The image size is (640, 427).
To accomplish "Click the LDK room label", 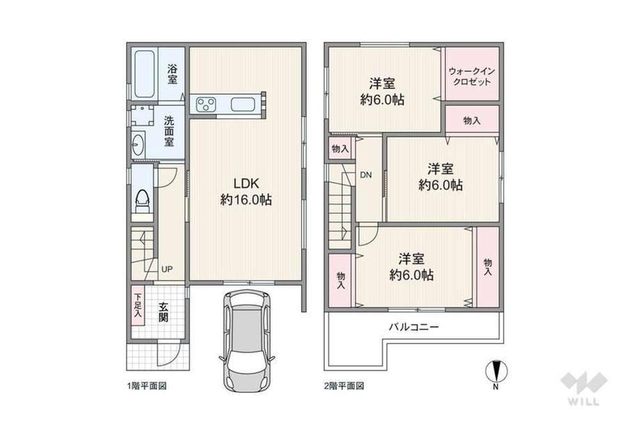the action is (246, 191).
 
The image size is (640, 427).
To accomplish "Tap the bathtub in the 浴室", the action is (145, 74).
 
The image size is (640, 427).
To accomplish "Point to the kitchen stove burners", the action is (206, 104).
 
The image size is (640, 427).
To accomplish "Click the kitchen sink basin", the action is (243, 104).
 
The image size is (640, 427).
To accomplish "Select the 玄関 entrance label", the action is (163, 312).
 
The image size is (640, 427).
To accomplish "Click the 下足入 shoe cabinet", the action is (138, 305).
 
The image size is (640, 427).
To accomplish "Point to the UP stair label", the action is (166, 270).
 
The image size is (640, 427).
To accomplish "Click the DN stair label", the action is (366, 176).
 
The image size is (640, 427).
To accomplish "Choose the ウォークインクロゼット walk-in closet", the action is (472, 74).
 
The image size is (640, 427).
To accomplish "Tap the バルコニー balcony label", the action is (413, 327).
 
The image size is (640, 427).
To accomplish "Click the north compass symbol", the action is (496, 371).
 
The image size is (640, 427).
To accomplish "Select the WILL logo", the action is (584, 388).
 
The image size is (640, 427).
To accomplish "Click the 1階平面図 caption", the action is (147, 386).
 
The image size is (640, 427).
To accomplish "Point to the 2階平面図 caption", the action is (344, 386).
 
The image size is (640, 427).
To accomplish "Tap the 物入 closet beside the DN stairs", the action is (340, 149).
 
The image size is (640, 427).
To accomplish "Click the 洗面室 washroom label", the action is (169, 131).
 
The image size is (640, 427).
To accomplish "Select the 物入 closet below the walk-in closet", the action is (472, 119).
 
